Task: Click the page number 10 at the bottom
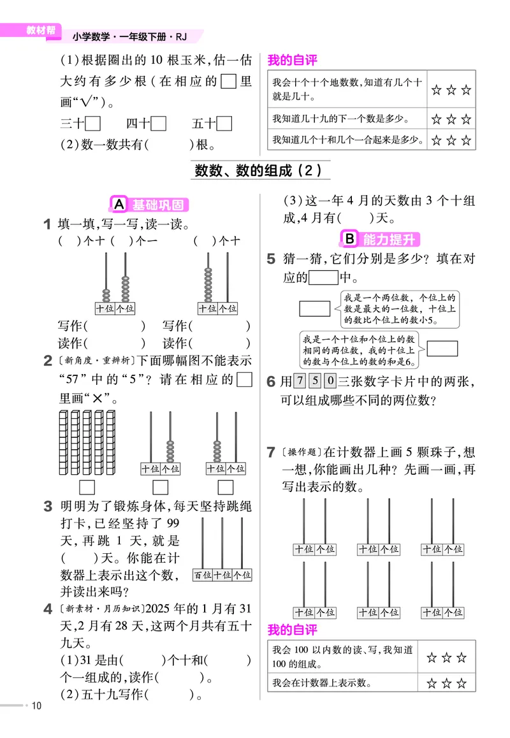point(36,705)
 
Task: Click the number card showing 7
point(300,382)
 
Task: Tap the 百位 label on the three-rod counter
point(203,575)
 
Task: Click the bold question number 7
point(271,453)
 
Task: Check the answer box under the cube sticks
point(87,488)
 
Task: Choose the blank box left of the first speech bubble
point(314,309)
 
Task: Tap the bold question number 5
point(271,259)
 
